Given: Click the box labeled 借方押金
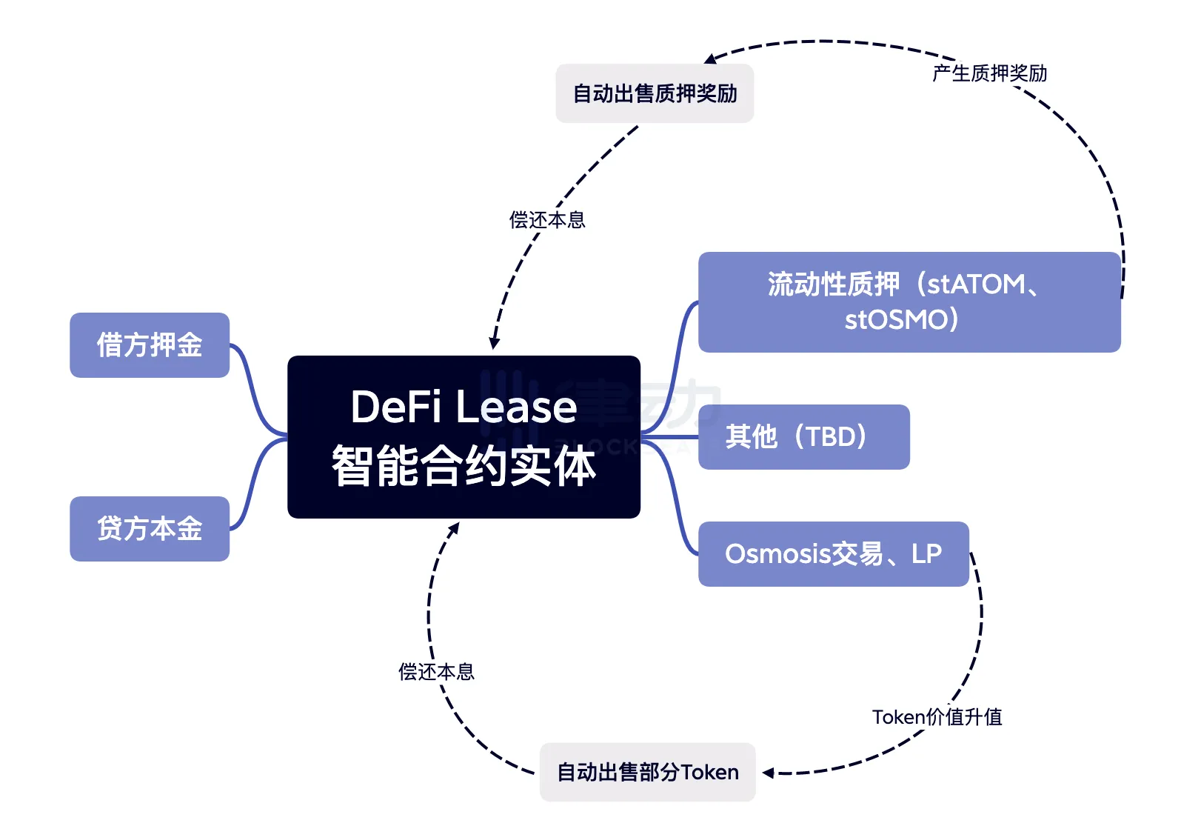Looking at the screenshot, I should point(150,345).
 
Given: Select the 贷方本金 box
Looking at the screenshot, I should point(150,529).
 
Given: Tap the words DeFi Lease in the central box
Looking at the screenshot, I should point(464,407).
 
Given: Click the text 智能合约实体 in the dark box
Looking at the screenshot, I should point(464,467).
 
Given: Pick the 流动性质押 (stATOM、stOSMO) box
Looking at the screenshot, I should point(909,302).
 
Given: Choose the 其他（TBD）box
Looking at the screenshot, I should point(803,437).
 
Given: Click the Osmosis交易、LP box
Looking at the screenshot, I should point(833,554).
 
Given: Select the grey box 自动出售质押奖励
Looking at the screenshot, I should point(655,93).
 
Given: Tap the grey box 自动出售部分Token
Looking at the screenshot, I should point(647,772).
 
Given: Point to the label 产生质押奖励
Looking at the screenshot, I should point(989,73).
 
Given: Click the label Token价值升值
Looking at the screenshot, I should point(937,717).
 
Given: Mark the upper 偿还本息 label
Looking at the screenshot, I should point(547,220).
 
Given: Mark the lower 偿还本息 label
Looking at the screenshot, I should point(436,672).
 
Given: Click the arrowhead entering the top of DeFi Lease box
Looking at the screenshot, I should point(494,344).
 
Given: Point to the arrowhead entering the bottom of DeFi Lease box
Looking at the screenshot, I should point(455,528).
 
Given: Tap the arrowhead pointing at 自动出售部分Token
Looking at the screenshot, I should point(769,773).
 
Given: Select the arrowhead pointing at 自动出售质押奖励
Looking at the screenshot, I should point(710,59).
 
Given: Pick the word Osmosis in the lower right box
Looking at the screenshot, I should point(777,554).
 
